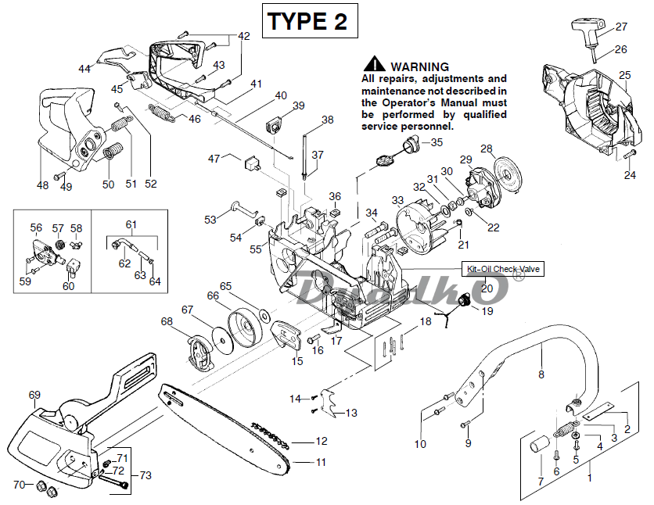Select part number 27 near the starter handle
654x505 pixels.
click(x=621, y=27)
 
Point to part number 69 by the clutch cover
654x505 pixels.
click(x=34, y=394)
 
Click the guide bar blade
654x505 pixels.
click(x=227, y=427)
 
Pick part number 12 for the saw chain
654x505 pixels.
click(x=322, y=441)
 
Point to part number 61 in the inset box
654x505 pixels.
click(x=131, y=224)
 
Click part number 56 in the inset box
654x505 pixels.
click(x=36, y=228)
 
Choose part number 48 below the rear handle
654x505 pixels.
click(x=42, y=185)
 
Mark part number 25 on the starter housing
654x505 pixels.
click(x=624, y=76)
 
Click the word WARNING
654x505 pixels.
click(x=419, y=66)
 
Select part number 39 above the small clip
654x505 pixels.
click(x=298, y=106)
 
